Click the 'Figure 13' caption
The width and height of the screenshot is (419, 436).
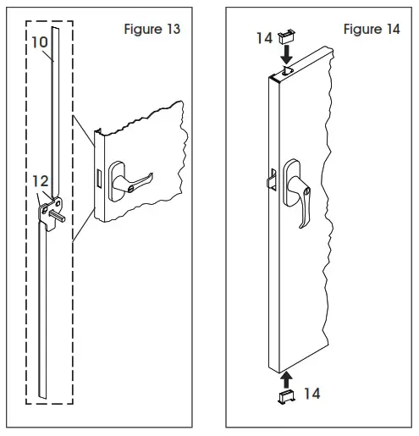(152, 30)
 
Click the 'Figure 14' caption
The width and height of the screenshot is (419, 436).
(372, 30)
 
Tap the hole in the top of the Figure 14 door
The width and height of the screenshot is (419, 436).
(285, 74)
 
